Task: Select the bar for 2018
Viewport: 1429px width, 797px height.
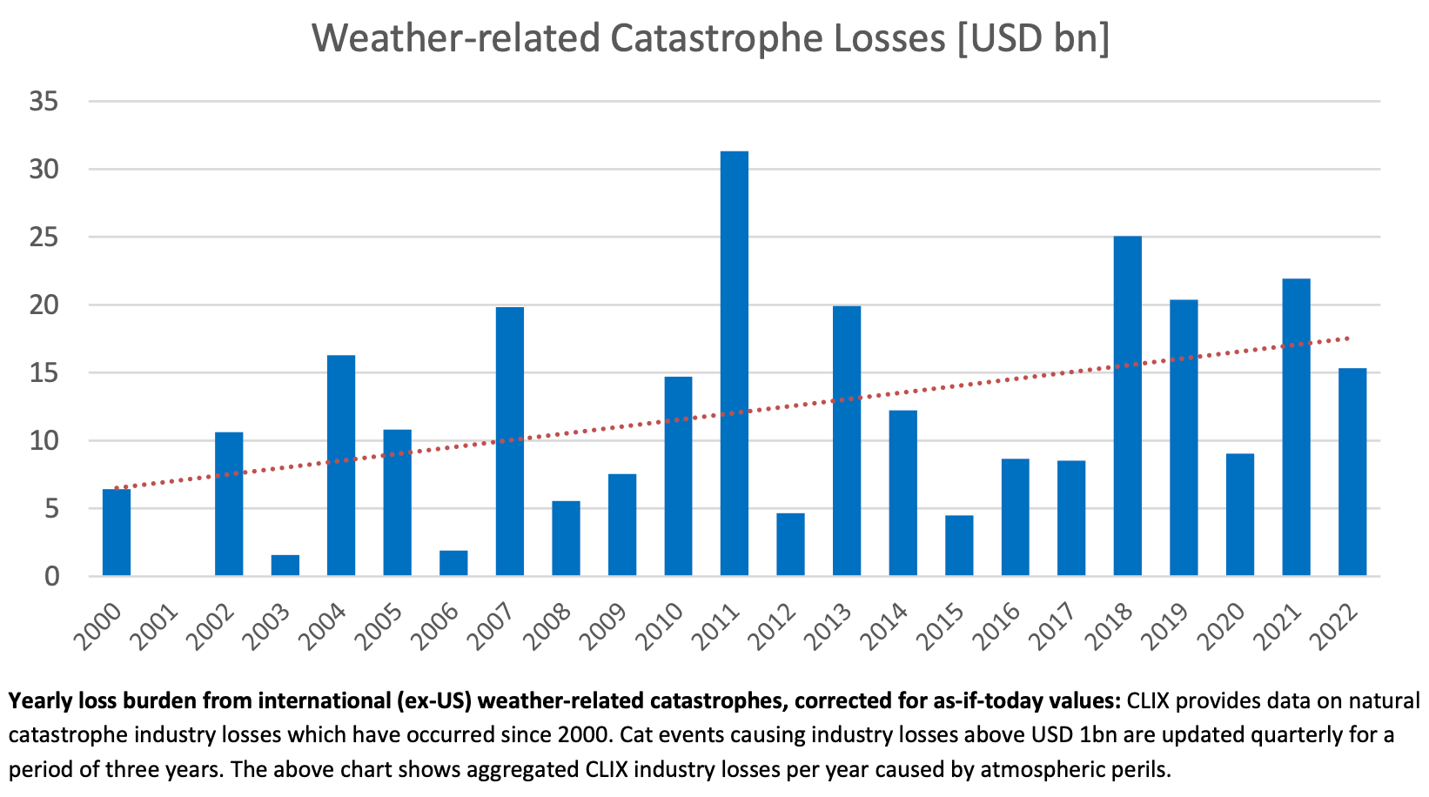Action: click(1127, 405)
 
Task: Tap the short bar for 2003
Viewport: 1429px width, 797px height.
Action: click(285, 566)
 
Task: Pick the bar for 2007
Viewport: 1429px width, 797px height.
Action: click(509, 441)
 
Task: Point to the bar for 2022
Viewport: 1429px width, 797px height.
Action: click(1352, 472)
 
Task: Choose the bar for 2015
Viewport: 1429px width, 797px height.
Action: click(958, 546)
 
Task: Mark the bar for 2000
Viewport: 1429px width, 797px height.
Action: click(117, 532)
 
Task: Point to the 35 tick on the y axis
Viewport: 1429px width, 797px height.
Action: click(44, 102)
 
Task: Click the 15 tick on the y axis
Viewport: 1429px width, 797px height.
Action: click(44, 373)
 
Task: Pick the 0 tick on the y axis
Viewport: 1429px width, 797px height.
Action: click(50, 576)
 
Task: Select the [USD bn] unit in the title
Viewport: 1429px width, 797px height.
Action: click(1034, 39)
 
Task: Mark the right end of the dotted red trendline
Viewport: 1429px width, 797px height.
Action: click(1349, 338)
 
